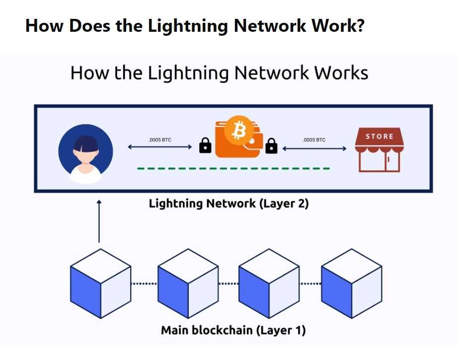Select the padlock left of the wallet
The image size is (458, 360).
click(x=205, y=145)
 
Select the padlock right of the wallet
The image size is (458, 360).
click(x=271, y=145)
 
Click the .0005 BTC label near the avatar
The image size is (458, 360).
click(x=159, y=140)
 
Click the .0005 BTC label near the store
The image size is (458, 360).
click(x=314, y=140)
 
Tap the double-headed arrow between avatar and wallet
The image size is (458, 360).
click(x=159, y=147)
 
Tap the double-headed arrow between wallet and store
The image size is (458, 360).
click(x=314, y=148)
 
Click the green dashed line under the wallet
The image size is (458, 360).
click(x=233, y=168)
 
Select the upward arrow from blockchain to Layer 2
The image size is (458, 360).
click(x=99, y=221)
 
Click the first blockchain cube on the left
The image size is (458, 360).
click(x=100, y=284)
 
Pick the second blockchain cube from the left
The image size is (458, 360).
click(x=188, y=284)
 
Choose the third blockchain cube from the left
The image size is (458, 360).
click(x=269, y=284)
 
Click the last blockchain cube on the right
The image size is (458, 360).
click(x=351, y=284)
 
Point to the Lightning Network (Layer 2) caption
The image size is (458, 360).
click(x=229, y=204)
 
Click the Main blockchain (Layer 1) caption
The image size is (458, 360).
click(x=233, y=330)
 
